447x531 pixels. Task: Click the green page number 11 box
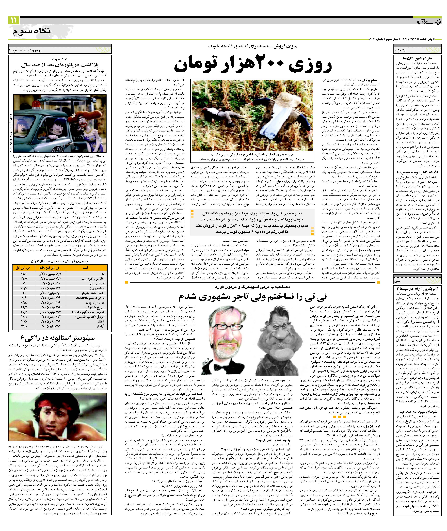13,20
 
